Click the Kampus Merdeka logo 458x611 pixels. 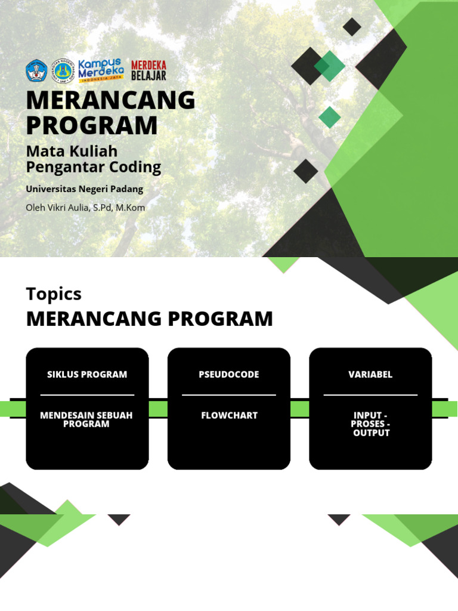(101, 70)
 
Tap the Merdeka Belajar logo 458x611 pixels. (148, 70)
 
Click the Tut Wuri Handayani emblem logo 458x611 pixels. (36, 71)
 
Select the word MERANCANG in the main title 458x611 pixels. (111, 100)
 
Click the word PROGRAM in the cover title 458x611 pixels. (92, 126)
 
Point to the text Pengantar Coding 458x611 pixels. (94, 167)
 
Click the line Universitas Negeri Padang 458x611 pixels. (85, 189)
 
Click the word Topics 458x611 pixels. (54, 294)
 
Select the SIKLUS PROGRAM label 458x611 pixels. (87, 375)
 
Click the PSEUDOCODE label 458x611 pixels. (229, 375)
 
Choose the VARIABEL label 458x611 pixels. (370, 375)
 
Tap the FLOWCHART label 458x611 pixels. (229, 415)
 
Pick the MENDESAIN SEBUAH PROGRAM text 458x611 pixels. (86, 419)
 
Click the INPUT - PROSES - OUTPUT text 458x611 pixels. (371, 424)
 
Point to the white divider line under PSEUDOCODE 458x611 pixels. (229, 395)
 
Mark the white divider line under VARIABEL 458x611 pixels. (370, 395)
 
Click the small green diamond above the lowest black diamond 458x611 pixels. (329, 117)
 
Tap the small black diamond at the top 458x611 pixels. (352, 27)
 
